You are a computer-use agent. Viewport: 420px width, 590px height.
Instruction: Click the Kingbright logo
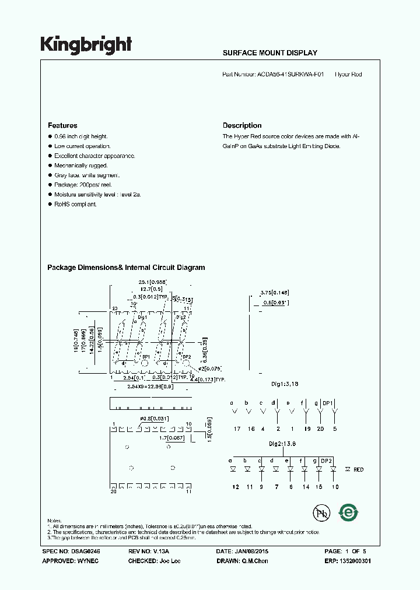pyautogui.click(x=86, y=45)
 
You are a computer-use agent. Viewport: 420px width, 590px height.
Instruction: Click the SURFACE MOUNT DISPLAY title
pyautogui.click(x=270, y=53)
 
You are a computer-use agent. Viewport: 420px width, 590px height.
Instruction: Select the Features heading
pyautogui.click(x=62, y=125)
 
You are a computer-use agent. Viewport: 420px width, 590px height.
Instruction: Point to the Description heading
pyautogui.click(x=242, y=125)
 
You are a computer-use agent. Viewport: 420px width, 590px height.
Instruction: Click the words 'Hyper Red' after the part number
pyautogui.click(x=348, y=75)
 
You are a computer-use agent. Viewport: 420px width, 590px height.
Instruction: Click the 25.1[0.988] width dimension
pyautogui.click(x=153, y=282)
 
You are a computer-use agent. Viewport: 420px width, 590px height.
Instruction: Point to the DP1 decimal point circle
pyautogui.click(x=143, y=364)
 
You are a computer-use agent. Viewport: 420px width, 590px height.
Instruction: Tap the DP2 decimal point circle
pyautogui.click(x=186, y=364)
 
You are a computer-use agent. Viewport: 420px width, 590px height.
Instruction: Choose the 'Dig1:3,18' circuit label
pyautogui.click(x=285, y=385)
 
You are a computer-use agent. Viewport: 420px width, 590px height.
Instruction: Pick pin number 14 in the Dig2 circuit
pyautogui.click(x=306, y=486)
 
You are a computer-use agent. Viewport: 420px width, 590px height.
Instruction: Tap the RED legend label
pyautogui.click(x=358, y=469)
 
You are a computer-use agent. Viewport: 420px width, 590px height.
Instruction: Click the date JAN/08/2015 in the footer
pyautogui.click(x=251, y=551)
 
